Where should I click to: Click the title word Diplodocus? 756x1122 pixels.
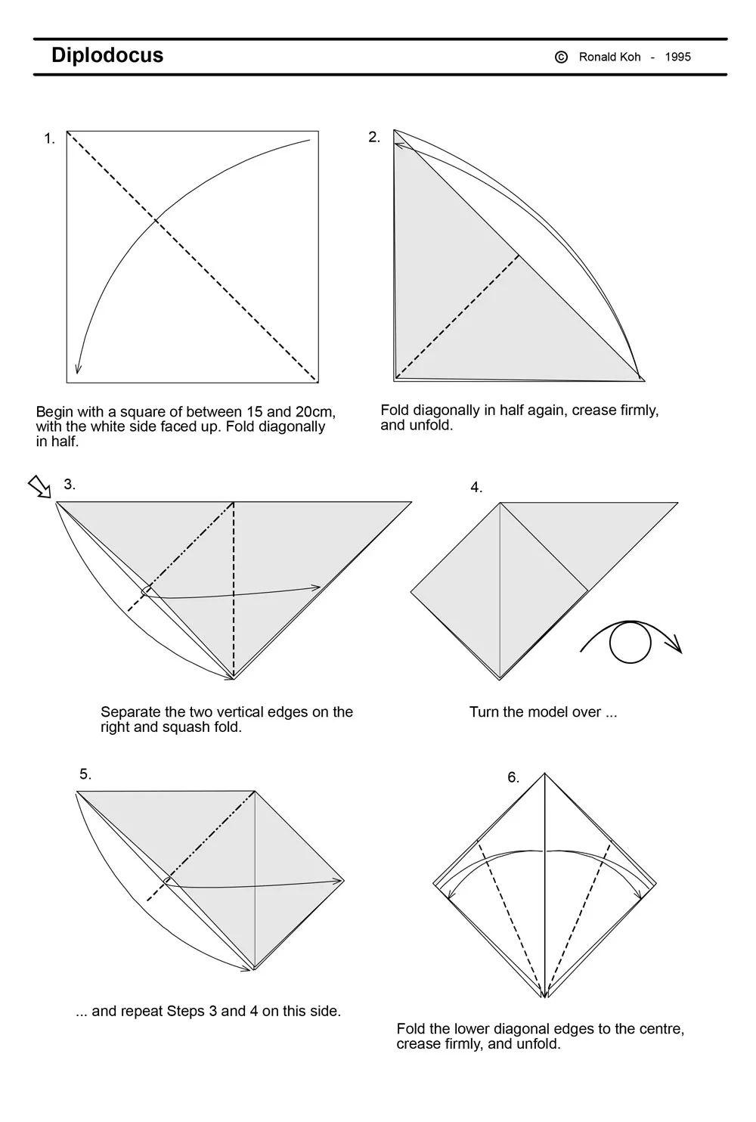[107, 55]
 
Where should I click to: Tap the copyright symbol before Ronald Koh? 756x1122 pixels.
[561, 57]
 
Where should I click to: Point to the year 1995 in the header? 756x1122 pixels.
[678, 57]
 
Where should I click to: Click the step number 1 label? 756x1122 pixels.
[49, 138]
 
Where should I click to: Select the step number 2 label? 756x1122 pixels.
[374, 137]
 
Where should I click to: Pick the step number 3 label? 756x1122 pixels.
[70, 484]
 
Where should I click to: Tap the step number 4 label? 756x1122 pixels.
[476, 488]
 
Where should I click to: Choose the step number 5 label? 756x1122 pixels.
[85, 774]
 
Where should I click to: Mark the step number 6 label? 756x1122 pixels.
[513, 778]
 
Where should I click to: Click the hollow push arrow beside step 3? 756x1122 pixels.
[39, 487]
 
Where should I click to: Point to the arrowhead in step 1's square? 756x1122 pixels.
[78, 368]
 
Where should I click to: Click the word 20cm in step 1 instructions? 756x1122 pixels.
[315, 412]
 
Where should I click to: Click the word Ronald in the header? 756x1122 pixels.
[600, 57]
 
